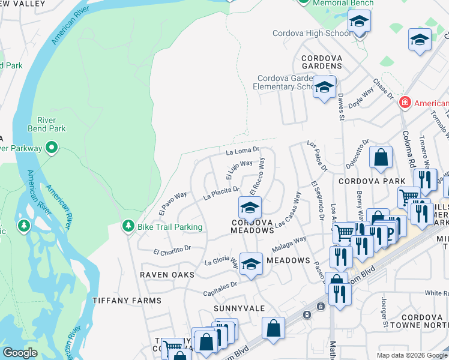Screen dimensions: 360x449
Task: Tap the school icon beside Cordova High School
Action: [x=359, y=22]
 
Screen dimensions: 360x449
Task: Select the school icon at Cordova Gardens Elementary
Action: [x=324, y=87]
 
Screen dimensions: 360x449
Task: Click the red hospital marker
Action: [x=406, y=103]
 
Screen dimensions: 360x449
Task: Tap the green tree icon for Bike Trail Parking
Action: [x=127, y=226]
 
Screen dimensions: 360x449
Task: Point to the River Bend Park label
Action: [x=47, y=124]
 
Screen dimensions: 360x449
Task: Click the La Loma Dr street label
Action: [x=242, y=152]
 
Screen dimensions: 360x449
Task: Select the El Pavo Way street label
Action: [x=173, y=203]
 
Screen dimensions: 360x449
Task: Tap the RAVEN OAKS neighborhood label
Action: [x=167, y=274]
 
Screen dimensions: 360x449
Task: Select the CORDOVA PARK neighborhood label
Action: [x=365, y=181]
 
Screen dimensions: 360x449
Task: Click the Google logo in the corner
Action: [x=20, y=353]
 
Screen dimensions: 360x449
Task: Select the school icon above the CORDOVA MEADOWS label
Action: [x=250, y=208]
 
